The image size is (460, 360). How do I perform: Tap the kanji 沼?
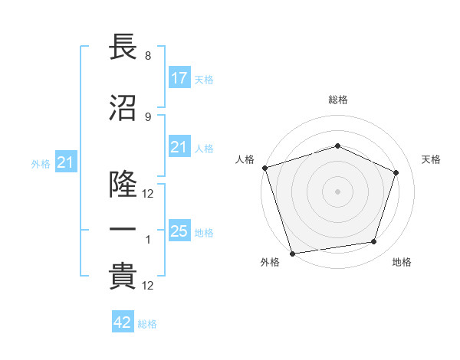[123, 108]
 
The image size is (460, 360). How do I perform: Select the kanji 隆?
[123, 185]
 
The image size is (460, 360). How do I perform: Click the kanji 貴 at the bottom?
[123, 277]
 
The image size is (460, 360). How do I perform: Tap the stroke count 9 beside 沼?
[147, 117]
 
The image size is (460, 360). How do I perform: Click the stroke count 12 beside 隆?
[148, 194]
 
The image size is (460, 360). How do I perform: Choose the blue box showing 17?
[179, 78]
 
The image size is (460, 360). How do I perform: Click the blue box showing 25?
[179, 231]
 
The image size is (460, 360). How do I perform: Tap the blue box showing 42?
[123, 322]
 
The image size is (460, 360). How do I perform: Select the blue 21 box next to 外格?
[65, 162]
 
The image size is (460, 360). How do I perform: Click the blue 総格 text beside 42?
[147, 324]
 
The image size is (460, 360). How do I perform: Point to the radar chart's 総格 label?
[337, 100]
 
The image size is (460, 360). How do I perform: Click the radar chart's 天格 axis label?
[431, 159]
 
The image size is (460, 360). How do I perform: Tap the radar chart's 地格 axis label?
[402, 263]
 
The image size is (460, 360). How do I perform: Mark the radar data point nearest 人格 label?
[264, 168]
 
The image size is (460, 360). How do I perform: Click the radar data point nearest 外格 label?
[292, 253]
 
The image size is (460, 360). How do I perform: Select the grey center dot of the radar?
[337, 191]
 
